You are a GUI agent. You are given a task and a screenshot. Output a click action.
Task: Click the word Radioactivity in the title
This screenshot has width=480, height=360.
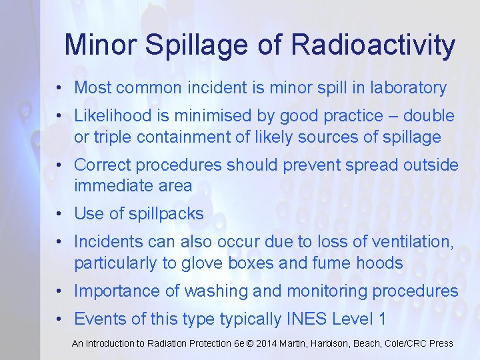pyautogui.click(x=373, y=45)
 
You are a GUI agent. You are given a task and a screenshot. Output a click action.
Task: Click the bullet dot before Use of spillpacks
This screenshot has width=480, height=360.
pyautogui.click(x=60, y=214)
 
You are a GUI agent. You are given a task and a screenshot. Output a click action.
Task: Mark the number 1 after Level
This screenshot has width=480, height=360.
pyautogui.click(x=381, y=319)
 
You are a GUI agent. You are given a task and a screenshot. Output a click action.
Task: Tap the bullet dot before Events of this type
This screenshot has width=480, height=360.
pyautogui.click(x=60, y=319)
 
